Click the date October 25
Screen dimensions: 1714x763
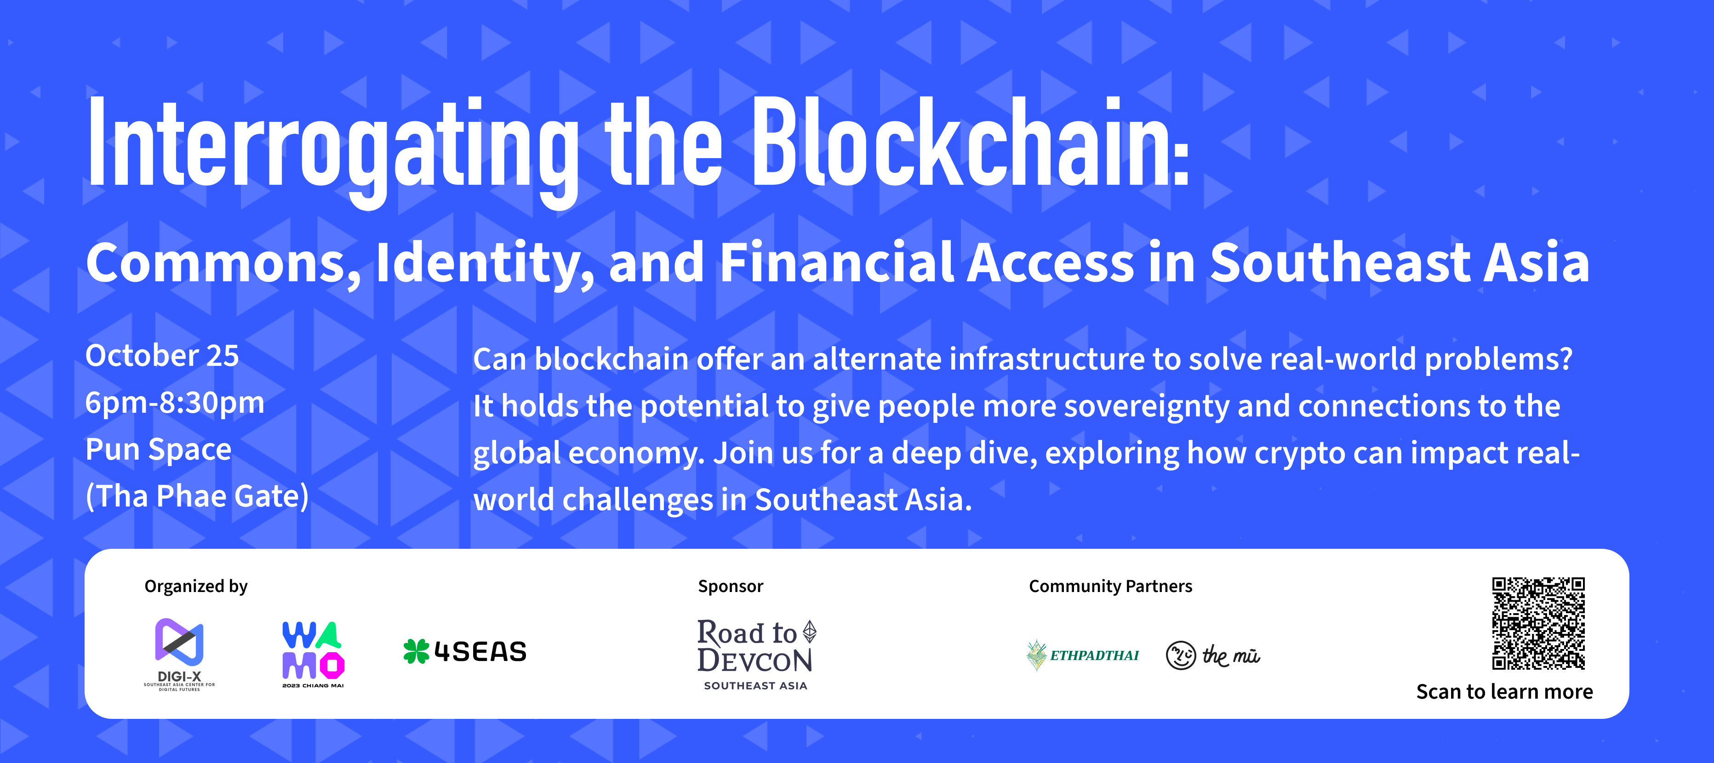click(x=162, y=356)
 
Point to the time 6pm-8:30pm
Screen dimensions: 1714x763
click(x=175, y=403)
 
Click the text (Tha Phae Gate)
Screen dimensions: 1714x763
click(x=197, y=496)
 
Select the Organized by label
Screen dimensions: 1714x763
click(x=195, y=586)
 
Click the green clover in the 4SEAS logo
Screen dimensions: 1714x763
click(x=417, y=651)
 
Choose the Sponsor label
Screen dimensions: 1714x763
click(x=730, y=586)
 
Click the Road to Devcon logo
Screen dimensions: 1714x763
click(x=756, y=655)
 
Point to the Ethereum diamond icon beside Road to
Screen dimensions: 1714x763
click(x=810, y=631)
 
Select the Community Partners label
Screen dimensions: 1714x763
click(x=1110, y=586)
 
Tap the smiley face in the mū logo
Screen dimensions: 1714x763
click(x=1181, y=656)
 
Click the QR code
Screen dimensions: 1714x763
click(x=1538, y=623)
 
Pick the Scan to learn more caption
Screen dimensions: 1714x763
click(x=1504, y=692)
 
